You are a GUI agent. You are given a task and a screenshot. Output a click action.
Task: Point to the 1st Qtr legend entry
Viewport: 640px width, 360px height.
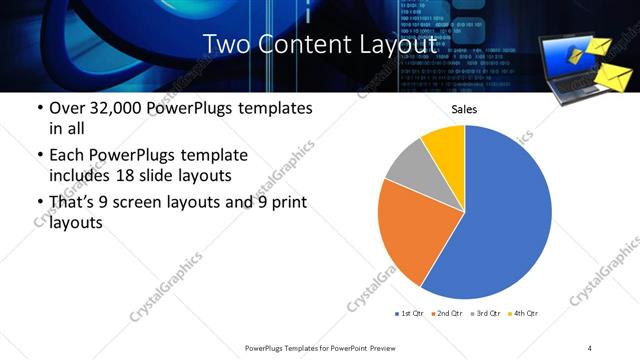(x=410, y=314)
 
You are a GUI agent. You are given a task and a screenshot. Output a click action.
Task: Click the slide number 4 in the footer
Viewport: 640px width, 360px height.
(x=590, y=347)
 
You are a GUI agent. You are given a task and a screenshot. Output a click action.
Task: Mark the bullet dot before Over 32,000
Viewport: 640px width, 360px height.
(x=39, y=108)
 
